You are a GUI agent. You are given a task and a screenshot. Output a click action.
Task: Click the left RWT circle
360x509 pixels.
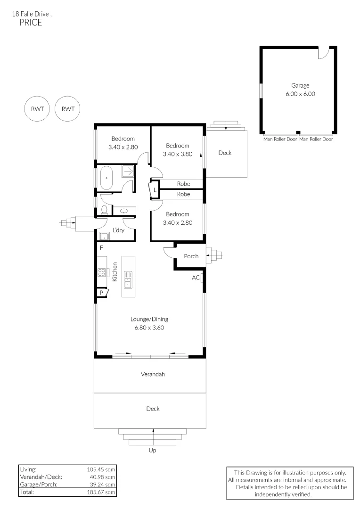(x=37, y=109)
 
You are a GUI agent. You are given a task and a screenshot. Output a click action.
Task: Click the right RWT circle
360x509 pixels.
(x=68, y=109)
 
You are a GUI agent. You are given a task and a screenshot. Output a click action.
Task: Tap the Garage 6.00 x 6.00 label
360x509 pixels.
(x=300, y=90)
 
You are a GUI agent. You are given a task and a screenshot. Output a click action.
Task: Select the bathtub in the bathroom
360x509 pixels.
(x=107, y=178)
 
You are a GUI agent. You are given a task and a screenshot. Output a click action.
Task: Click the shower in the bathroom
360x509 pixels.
(x=128, y=172)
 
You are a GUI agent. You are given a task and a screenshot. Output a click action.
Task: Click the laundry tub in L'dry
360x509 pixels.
(x=104, y=236)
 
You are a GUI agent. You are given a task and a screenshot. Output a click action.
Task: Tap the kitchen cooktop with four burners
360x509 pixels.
(x=101, y=271)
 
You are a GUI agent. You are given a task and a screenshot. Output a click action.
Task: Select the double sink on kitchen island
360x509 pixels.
(x=128, y=279)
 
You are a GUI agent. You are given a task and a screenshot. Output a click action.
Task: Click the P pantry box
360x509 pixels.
(x=102, y=293)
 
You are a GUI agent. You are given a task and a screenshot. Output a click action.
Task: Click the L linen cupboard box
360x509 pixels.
(x=154, y=190)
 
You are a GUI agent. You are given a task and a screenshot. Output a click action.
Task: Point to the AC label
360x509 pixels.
(x=196, y=278)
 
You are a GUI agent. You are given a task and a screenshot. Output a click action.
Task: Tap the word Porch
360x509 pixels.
(x=191, y=256)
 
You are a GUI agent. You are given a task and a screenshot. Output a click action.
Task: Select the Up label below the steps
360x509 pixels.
(x=152, y=450)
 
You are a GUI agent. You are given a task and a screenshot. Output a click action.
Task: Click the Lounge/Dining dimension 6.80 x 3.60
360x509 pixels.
(x=149, y=328)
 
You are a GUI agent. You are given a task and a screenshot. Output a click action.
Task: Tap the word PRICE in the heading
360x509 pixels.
(x=31, y=23)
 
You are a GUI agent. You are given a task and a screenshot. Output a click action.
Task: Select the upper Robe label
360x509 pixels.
(x=183, y=184)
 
